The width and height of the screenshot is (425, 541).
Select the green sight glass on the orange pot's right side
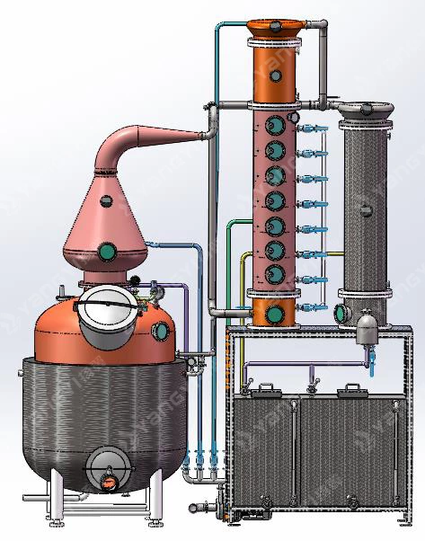point(162,330)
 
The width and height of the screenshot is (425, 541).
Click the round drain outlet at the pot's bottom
point(108,474)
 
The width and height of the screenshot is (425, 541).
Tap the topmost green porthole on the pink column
point(273,129)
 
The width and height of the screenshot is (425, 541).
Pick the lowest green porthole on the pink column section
point(273,272)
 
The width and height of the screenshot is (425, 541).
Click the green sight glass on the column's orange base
point(273,312)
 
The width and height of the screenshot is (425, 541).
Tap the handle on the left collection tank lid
point(263,388)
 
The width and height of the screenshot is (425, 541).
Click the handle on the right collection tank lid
point(350,388)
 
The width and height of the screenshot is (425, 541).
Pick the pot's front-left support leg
point(58,494)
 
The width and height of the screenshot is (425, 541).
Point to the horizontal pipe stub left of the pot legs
point(36,497)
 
